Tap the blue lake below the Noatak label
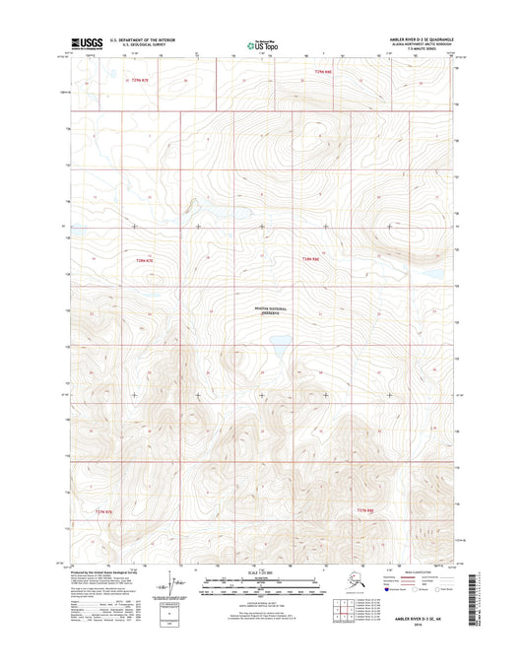click(279, 345)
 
